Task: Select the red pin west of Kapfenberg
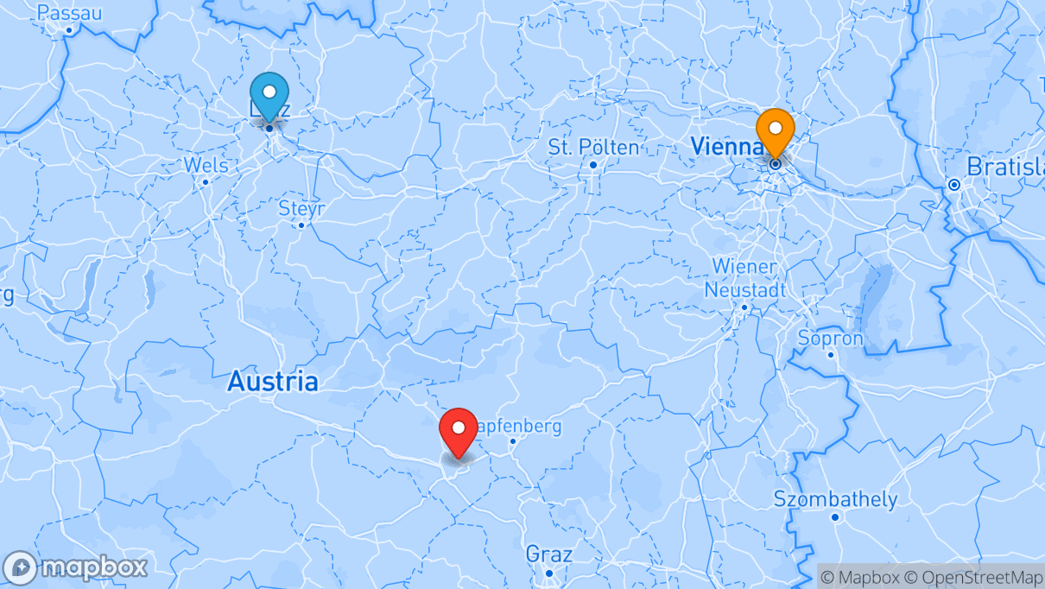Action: (459, 427)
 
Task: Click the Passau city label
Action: (69, 13)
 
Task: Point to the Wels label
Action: (206, 165)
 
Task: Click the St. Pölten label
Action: (594, 148)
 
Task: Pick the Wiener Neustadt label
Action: (744, 278)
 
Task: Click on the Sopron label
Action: (831, 338)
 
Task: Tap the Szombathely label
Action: (835, 499)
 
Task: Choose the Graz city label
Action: (549, 553)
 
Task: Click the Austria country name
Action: (273, 382)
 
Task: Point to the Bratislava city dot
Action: (954, 185)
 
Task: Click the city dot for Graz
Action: (548, 573)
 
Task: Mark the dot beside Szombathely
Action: (835, 517)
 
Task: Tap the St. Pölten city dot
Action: (593, 164)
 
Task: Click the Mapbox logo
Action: (76, 567)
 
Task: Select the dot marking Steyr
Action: (301, 225)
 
